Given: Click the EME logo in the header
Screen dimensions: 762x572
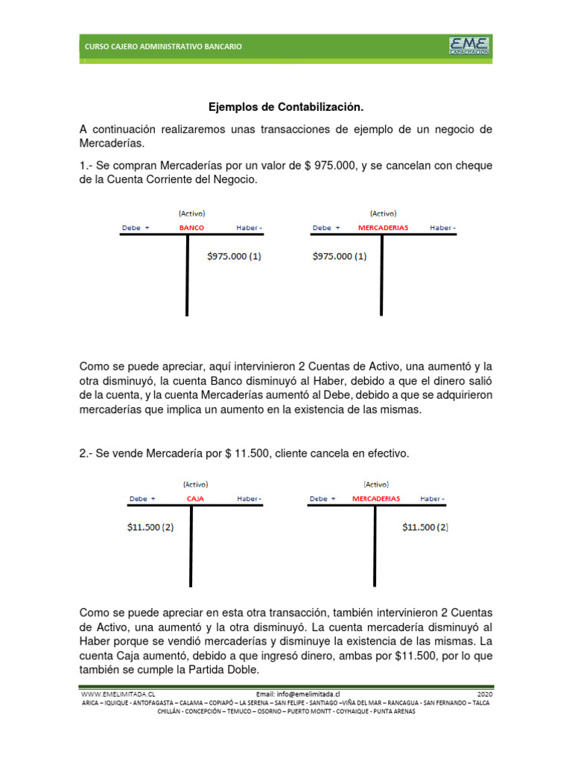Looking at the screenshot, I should [x=469, y=45].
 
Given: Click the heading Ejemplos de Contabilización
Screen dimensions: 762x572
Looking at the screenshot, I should [x=285, y=107].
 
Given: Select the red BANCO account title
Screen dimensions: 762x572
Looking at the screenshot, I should [x=191, y=228].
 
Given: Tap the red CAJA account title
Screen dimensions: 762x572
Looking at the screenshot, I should [x=195, y=499].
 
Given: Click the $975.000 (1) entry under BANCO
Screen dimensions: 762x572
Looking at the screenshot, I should [x=234, y=257].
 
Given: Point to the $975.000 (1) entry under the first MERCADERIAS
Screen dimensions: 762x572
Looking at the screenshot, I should [x=339, y=257].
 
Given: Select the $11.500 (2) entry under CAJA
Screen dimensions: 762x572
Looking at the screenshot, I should [x=150, y=527].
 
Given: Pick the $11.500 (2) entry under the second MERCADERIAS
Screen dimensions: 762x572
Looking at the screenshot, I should [x=425, y=527].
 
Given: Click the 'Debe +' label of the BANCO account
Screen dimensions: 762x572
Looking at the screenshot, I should [x=136, y=228].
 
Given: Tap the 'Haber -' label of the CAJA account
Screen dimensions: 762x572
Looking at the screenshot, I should [x=250, y=499].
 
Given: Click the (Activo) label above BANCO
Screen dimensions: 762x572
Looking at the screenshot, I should [x=192, y=214].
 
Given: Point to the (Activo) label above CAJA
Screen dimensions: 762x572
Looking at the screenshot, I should [x=195, y=484].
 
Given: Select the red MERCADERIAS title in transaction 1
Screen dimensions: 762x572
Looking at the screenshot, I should [x=383, y=228].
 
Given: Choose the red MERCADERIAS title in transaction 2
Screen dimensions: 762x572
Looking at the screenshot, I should [x=376, y=499].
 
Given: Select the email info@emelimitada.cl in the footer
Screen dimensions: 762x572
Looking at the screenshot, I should [x=297, y=693].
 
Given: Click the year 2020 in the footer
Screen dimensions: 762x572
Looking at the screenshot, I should [x=484, y=693].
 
